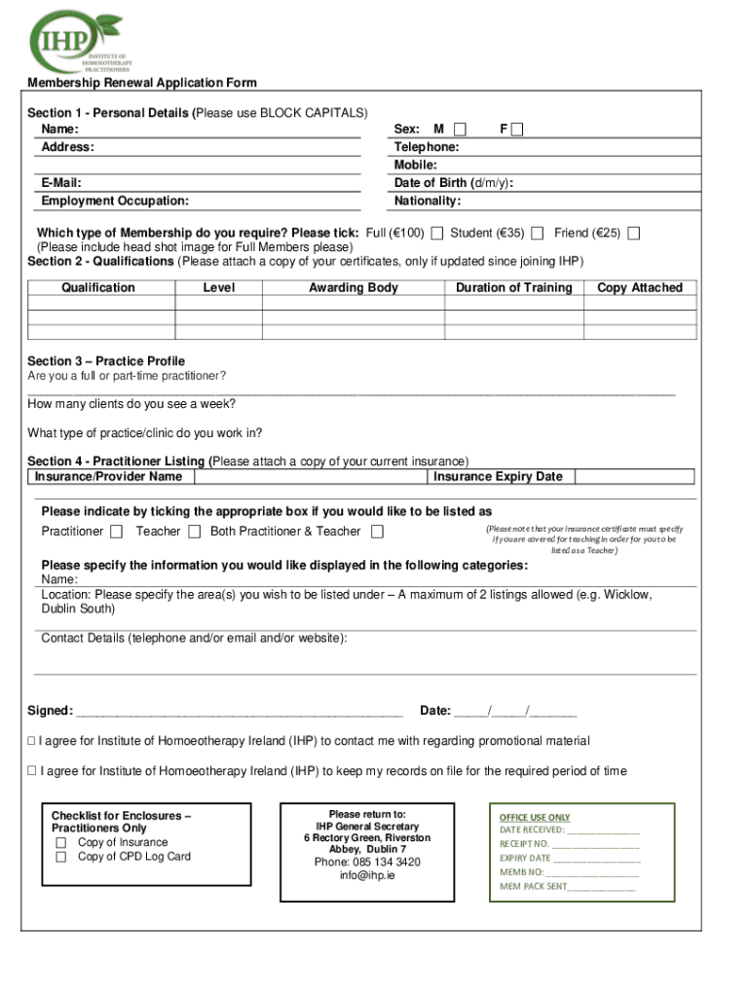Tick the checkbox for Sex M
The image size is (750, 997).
coord(460,129)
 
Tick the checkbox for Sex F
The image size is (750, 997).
coord(517,129)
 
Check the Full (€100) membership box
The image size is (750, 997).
coord(437,233)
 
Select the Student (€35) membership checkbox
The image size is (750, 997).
coord(538,233)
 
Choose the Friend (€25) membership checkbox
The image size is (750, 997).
coord(634,233)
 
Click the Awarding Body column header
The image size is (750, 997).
coord(354,288)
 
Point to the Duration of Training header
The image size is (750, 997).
coord(513,288)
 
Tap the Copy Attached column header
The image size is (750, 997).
coord(640,288)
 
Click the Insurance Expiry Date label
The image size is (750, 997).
coord(498,477)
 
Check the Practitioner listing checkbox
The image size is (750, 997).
coord(117,532)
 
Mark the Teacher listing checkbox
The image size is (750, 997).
coord(195,532)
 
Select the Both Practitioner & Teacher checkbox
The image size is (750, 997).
coord(378,532)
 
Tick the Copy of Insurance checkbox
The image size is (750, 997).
coord(60,843)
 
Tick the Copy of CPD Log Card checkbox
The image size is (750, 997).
coord(60,858)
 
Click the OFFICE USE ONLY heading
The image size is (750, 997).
coord(535,818)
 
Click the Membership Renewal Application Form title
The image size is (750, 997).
coord(142,84)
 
